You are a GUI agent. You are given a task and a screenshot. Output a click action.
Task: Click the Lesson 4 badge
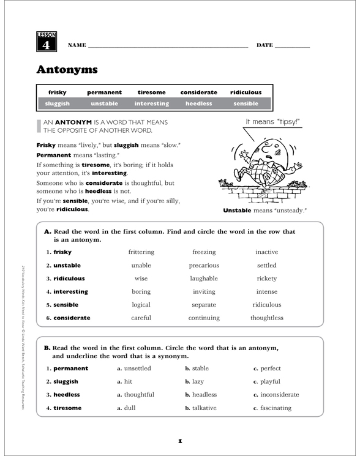[47, 41]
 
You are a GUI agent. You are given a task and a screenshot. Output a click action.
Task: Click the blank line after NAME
[168, 47]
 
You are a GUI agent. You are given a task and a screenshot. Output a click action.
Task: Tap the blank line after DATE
[292, 47]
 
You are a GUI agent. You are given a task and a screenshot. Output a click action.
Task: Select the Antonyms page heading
[67, 69]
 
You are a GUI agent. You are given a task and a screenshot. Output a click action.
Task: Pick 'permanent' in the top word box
[104, 92]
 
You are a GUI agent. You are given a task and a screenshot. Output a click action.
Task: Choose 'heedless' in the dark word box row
[198, 104]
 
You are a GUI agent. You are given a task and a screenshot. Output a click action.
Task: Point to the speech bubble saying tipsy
[272, 122]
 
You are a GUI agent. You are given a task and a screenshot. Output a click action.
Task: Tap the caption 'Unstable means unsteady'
[265, 210]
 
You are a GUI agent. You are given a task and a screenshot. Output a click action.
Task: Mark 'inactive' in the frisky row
[266, 252]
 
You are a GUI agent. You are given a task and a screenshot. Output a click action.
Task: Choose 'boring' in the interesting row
[141, 291]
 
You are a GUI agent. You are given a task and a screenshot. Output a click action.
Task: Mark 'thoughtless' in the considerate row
[266, 318]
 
